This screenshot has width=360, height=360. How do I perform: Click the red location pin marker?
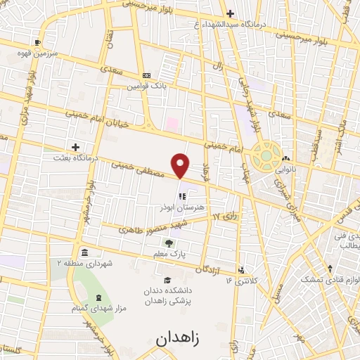[181, 165]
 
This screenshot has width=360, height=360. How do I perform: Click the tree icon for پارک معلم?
[168, 243]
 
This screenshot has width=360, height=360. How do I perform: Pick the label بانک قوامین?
[146, 86]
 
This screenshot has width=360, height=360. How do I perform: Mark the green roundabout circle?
[268, 154]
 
